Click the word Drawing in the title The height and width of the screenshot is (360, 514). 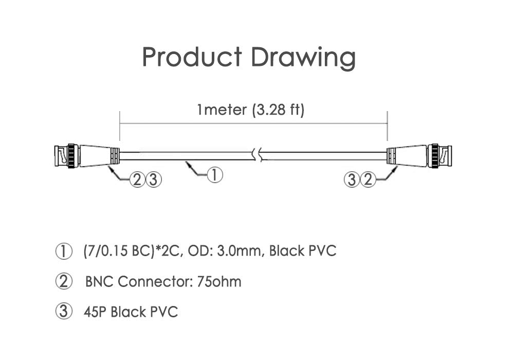[303, 58]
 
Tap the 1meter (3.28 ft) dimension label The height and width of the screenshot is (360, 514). [251, 110]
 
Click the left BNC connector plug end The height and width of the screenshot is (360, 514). [67, 156]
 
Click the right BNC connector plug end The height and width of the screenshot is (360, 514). [440, 156]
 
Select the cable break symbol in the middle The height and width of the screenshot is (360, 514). [258, 155]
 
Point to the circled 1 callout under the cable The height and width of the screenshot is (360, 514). [215, 175]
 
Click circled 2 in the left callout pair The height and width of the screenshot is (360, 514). [137, 180]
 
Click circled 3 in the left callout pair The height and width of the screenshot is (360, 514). [153, 180]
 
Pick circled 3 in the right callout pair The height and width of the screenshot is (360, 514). [352, 179]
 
